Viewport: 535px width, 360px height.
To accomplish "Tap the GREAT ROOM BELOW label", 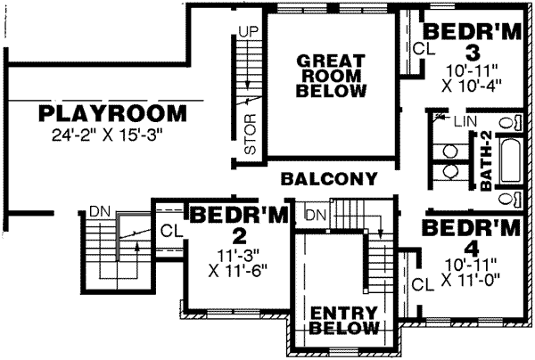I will pos(329,76).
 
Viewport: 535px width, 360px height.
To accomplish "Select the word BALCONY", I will pos(329,178).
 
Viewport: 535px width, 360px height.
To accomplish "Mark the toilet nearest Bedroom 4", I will pos(509,198).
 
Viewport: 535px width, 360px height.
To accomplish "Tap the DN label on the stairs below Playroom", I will pos(98,212).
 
